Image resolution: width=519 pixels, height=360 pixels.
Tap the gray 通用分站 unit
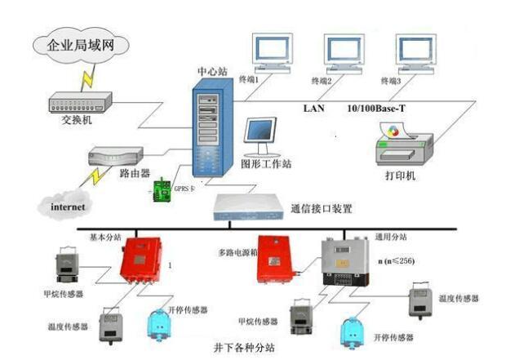344,260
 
